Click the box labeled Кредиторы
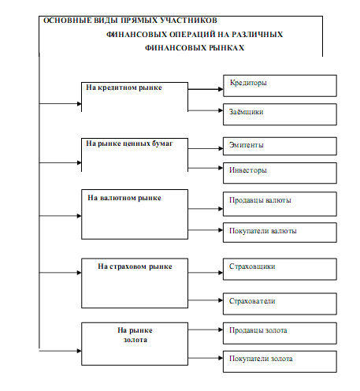click(280, 86)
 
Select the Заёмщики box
click(280, 114)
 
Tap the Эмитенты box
click(280, 146)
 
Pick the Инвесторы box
click(280, 173)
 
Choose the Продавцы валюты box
click(280, 204)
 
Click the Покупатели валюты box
click(280, 233)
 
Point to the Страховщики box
click(280, 269)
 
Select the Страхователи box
click(280, 303)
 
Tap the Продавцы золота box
click(280, 333)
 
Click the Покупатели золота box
click(280, 362)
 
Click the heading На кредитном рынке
click(124, 88)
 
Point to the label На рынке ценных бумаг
click(129, 143)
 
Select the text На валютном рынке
click(124, 198)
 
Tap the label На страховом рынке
click(135, 266)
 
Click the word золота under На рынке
click(135, 340)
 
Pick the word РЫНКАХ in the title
click(227, 48)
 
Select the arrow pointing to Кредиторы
click(206, 89)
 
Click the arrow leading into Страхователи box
click(206, 300)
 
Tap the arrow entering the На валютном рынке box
click(61, 216)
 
